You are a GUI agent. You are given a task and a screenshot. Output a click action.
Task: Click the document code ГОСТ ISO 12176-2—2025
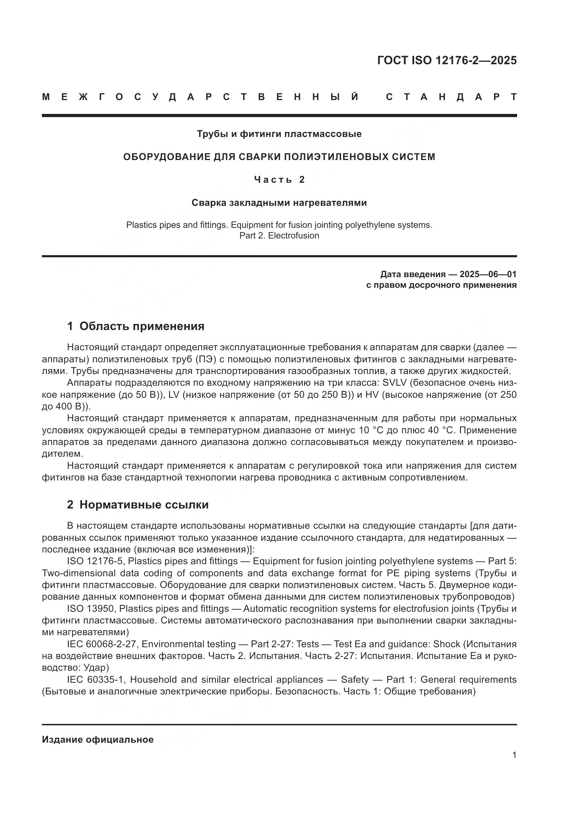[x=447, y=60]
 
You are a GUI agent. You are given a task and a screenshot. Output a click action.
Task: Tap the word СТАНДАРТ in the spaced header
[x=451, y=97]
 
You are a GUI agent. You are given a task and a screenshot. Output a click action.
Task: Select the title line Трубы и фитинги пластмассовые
[x=279, y=134]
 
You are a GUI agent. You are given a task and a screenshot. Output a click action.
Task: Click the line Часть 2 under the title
[x=279, y=180]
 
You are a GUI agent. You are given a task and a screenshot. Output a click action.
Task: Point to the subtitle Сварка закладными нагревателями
[x=279, y=203]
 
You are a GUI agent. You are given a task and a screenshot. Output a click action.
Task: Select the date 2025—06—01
[x=488, y=274]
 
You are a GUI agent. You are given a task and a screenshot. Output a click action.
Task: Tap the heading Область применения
[x=142, y=326]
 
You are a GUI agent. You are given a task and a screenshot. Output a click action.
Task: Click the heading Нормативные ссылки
[x=144, y=505]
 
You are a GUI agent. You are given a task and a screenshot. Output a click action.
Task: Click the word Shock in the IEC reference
[x=446, y=644]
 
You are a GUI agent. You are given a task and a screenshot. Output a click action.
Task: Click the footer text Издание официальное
[x=98, y=740]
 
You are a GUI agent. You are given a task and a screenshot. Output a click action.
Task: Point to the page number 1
[x=514, y=755]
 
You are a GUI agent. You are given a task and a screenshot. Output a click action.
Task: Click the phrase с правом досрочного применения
[x=441, y=285]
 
